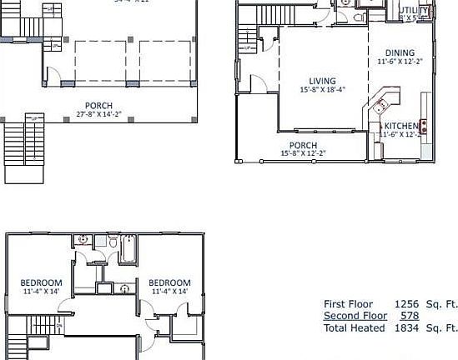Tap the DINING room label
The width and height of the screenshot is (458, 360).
(x=400, y=52)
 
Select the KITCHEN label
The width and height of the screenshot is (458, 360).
(x=401, y=125)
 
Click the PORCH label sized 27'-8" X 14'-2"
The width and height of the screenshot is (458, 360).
(x=98, y=105)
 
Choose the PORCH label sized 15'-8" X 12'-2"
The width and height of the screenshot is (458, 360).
(x=304, y=145)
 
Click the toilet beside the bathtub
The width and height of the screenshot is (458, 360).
(x=113, y=242)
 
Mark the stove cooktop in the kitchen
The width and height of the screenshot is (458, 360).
(x=424, y=127)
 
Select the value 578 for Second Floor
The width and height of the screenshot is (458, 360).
(x=409, y=316)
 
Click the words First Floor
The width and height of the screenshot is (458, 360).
(x=348, y=304)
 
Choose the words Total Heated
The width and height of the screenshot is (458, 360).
(x=355, y=328)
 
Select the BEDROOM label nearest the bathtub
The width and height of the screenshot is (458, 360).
(x=169, y=282)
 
